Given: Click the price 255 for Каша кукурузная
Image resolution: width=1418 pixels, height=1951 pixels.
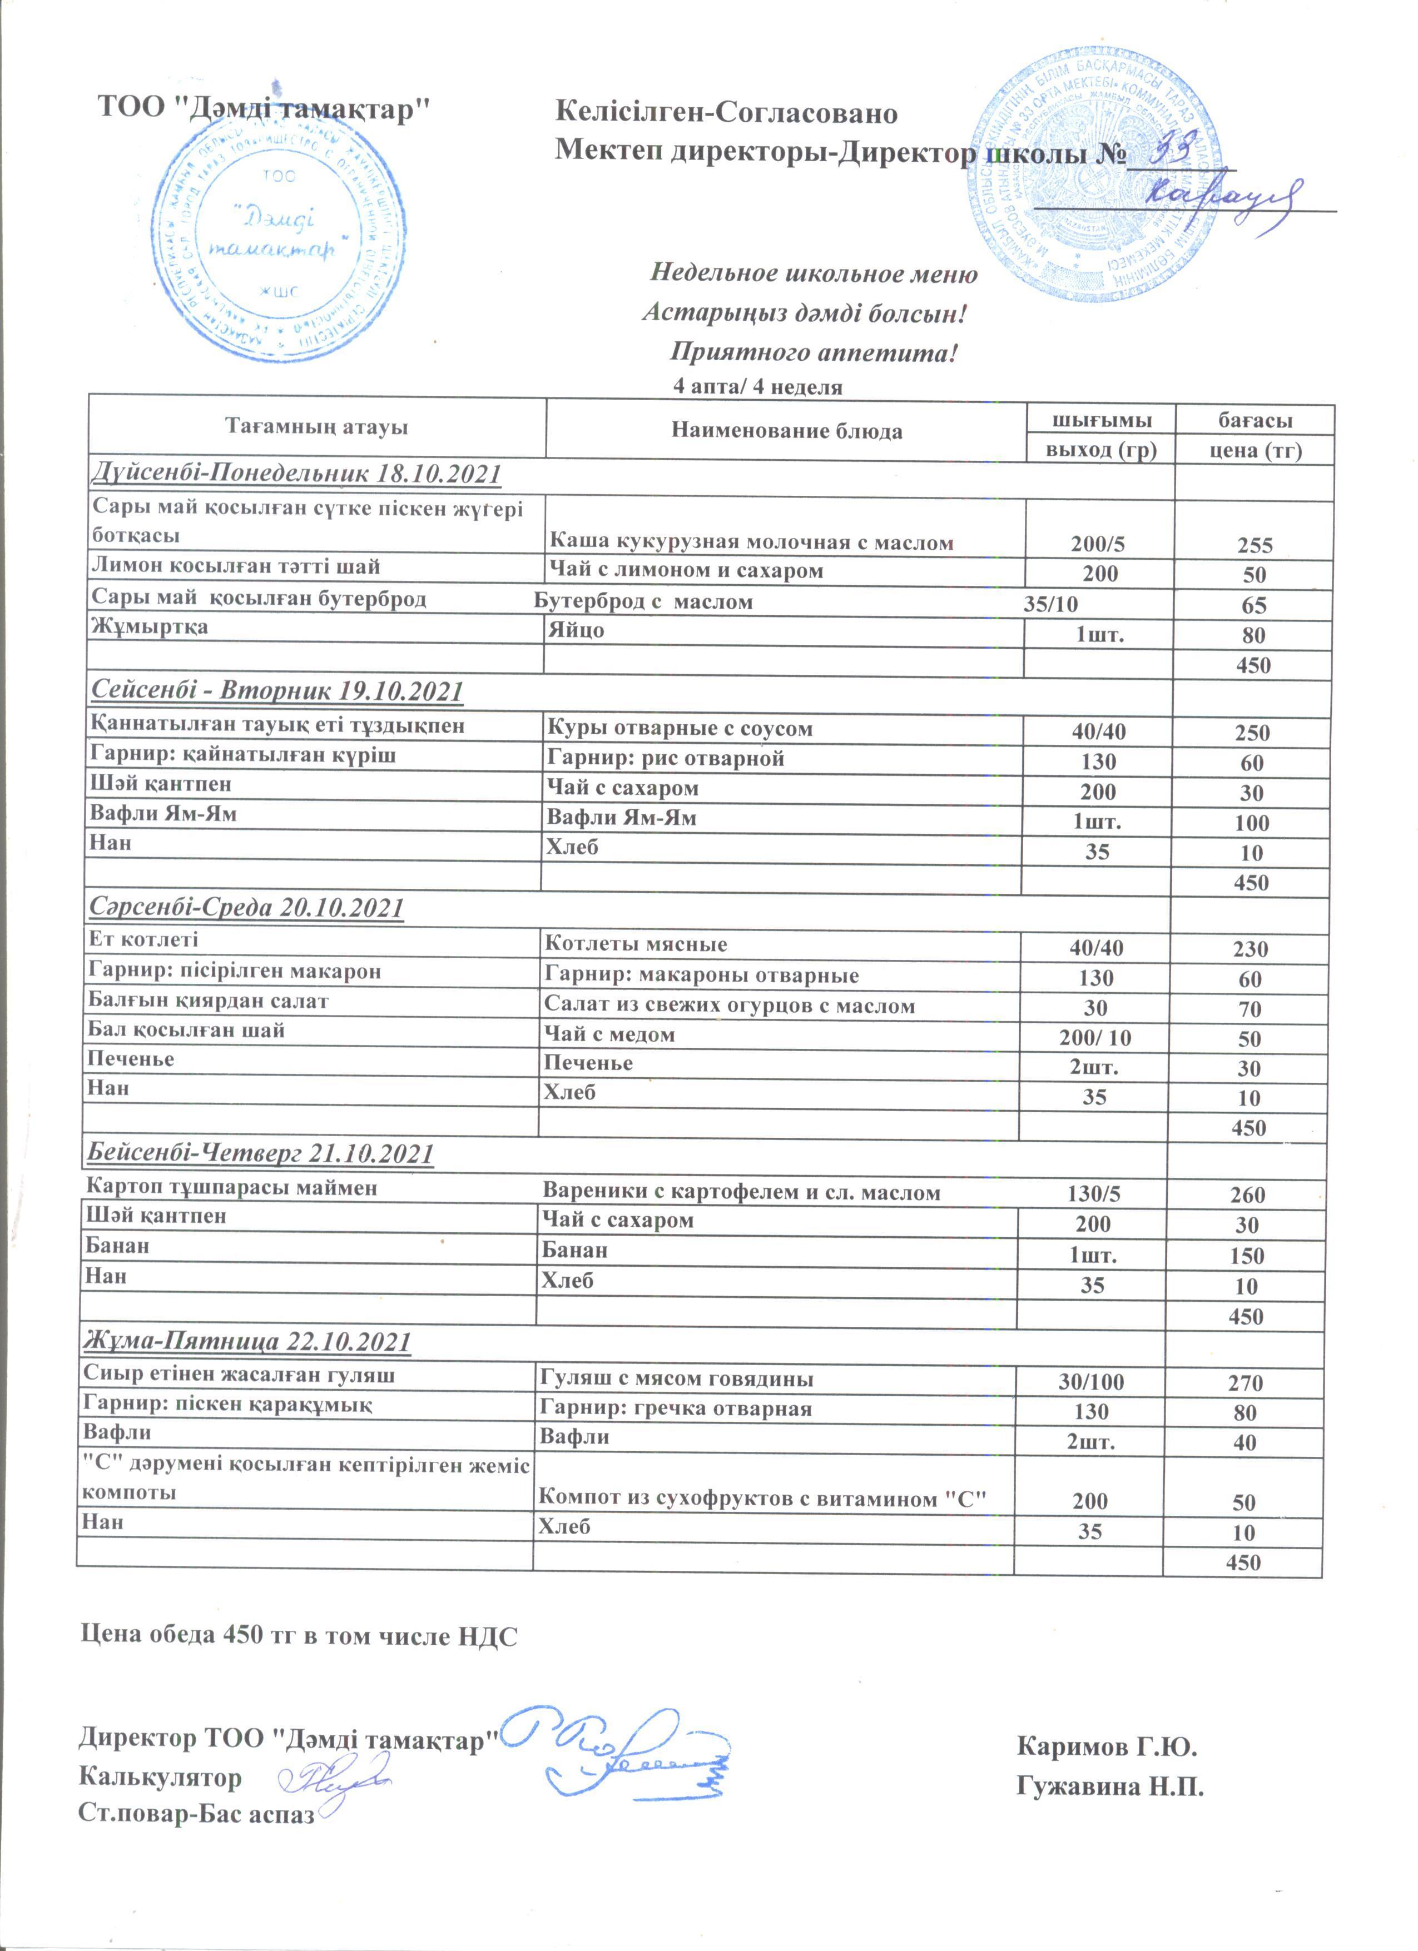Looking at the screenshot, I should [1255, 545].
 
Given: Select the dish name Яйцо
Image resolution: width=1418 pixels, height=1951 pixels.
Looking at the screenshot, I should [577, 630].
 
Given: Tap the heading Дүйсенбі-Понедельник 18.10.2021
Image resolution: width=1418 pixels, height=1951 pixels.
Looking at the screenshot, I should [296, 474].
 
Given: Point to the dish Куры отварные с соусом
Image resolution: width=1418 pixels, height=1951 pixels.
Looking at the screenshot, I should [680, 729].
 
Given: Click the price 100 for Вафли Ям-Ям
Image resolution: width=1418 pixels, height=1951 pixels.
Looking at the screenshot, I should [1251, 823].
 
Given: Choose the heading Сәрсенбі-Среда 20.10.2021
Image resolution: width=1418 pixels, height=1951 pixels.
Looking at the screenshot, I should [246, 908].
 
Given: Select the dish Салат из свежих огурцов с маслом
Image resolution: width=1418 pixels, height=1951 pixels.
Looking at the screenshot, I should [729, 1006].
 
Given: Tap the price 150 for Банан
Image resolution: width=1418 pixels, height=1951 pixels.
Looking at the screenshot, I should [1247, 1256].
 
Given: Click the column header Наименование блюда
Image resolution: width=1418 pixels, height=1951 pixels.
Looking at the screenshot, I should [786, 431].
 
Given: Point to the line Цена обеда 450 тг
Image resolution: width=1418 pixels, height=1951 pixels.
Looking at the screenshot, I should [299, 1634].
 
